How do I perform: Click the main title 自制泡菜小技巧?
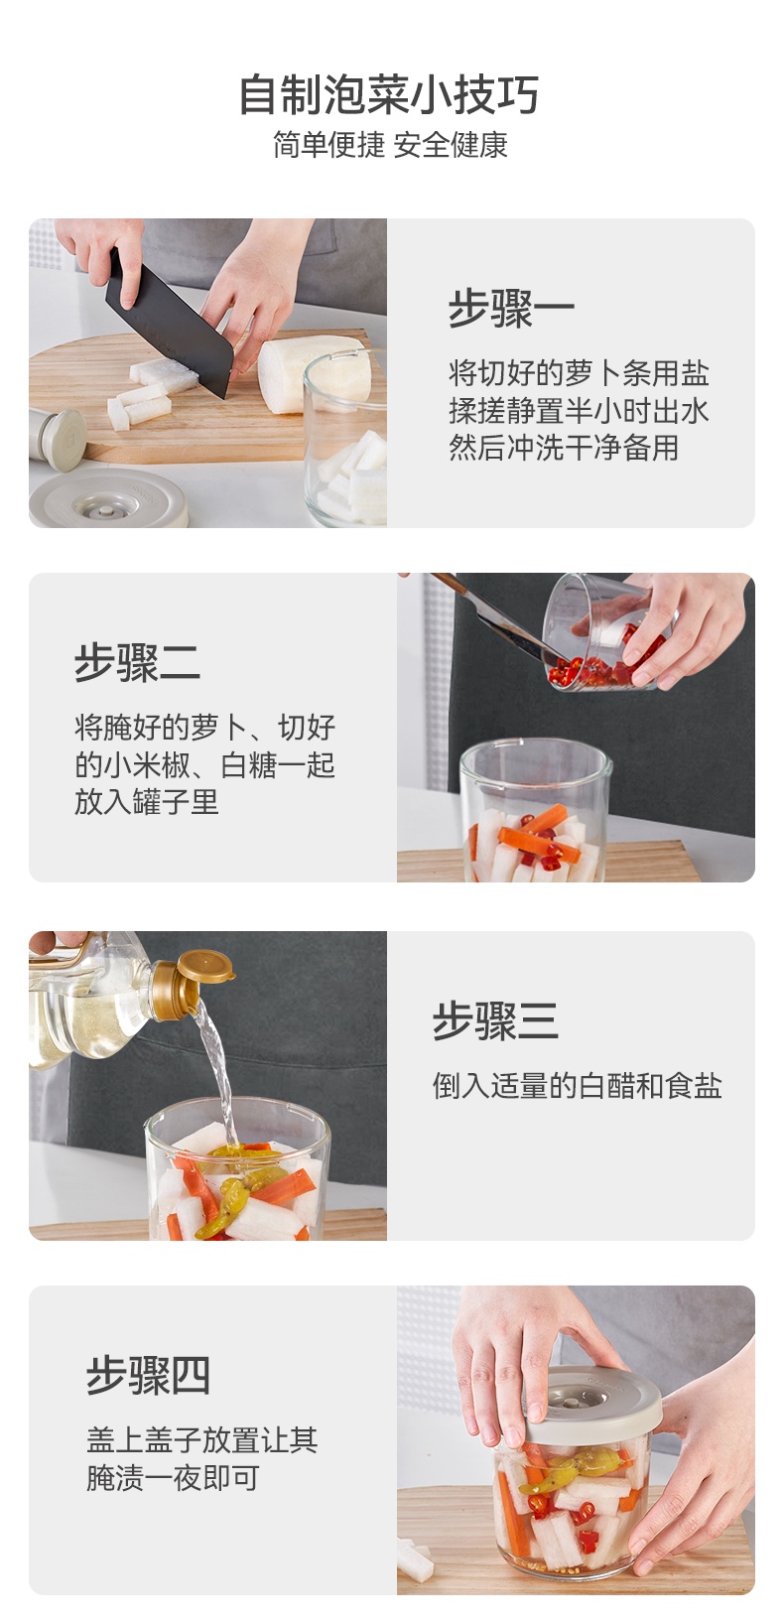(389, 95)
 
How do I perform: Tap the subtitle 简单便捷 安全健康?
(390, 145)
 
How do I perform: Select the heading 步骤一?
(511, 309)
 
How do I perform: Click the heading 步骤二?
(137, 662)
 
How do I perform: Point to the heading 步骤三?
(495, 1021)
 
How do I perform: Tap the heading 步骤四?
(149, 1375)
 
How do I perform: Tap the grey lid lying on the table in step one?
(109, 499)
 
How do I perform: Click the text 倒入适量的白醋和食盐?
(577, 1086)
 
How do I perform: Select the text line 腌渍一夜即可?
(173, 1478)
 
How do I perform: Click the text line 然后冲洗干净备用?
(564, 448)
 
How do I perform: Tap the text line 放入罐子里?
(146, 802)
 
